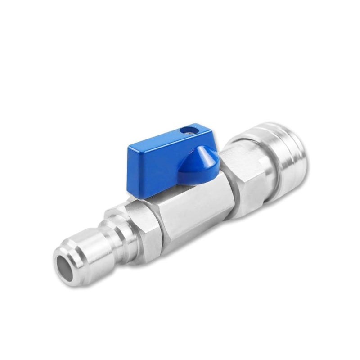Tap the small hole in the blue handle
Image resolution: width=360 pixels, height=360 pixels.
click(188, 131)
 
